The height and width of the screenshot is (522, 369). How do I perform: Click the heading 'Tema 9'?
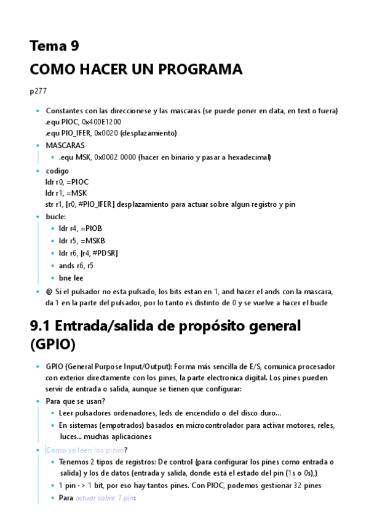54,46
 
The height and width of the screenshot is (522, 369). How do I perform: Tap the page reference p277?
38,91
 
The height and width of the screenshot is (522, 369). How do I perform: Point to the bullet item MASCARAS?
65,145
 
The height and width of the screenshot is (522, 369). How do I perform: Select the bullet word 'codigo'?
57,171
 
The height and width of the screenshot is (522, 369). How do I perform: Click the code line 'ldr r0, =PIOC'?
67,182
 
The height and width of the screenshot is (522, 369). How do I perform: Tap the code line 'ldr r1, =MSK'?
66,193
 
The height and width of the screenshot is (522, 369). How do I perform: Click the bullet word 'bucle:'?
56,217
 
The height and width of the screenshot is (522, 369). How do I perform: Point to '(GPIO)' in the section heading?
54,345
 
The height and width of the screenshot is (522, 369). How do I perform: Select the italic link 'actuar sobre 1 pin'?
105,498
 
